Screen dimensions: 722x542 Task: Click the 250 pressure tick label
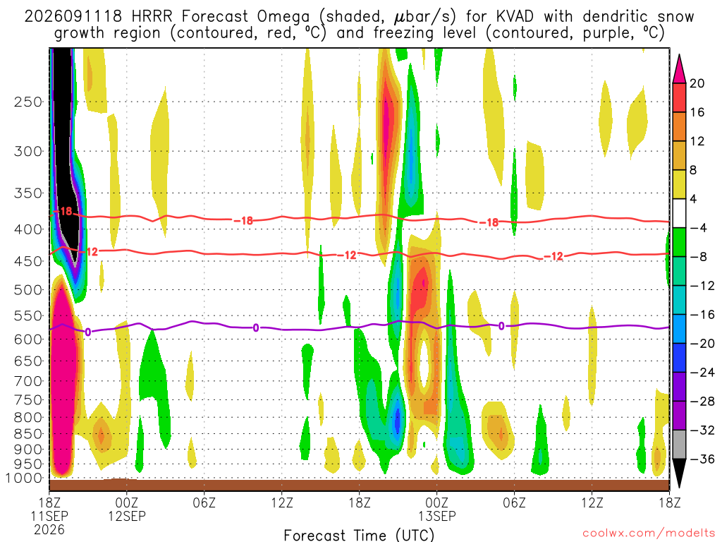pyautogui.click(x=28, y=102)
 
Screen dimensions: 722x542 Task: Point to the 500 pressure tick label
pyautogui.click(x=28, y=290)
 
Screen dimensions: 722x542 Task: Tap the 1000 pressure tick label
pyautogui.click(x=24, y=478)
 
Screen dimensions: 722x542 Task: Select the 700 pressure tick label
pyautogui.click(x=28, y=381)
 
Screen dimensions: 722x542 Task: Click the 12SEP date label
pyautogui.click(x=127, y=516)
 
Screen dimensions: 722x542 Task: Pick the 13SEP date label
pyautogui.click(x=436, y=516)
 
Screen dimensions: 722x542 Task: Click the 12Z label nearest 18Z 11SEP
pyautogui.click(x=282, y=502)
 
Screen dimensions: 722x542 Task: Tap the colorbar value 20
pyautogui.click(x=697, y=83)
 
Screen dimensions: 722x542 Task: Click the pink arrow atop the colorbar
pyautogui.click(x=679, y=68)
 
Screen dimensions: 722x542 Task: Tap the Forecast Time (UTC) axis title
pyautogui.click(x=359, y=535)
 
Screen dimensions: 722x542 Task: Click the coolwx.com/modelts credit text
pyautogui.click(x=649, y=534)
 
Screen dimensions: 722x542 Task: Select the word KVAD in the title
pyautogui.click(x=515, y=17)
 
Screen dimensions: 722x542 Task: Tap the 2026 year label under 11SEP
pyautogui.click(x=49, y=529)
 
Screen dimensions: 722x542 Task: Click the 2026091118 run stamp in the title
pyautogui.click(x=73, y=17)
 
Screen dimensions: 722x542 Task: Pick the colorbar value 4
pyautogui.click(x=693, y=199)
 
